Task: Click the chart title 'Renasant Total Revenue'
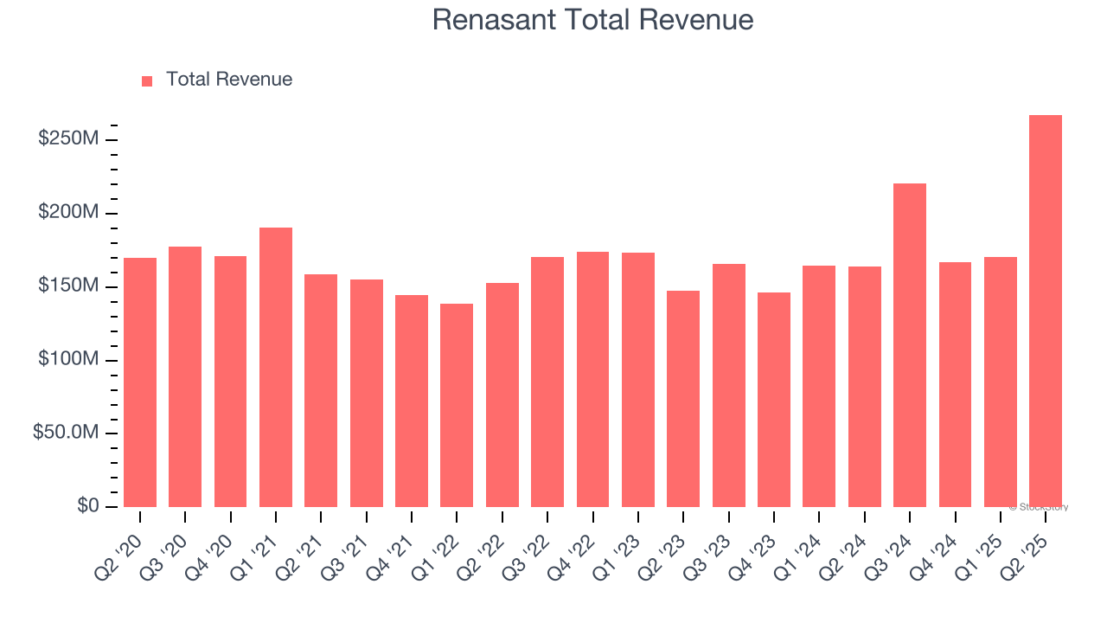pyautogui.click(x=592, y=20)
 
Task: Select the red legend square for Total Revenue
pyautogui.click(x=147, y=80)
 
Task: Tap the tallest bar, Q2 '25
pyautogui.click(x=1046, y=311)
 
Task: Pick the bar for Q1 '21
pyautogui.click(x=276, y=367)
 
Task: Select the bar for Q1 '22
pyautogui.click(x=457, y=405)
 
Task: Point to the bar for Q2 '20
pyautogui.click(x=140, y=382)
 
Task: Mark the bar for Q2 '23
pyautogui.click(x=683, y=398)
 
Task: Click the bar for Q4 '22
pyautogui.click(x=592, y=379)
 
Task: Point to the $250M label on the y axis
pyautogui.click(x=68, y=138)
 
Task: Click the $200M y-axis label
pyautogui.click(x=68, y=212)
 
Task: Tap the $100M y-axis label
pyautogui.click(x=68, y=359)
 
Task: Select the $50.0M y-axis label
pyautogui.click(x=66, y=433)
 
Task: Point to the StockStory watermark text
pyautogui.click(x=1039, y=507)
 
